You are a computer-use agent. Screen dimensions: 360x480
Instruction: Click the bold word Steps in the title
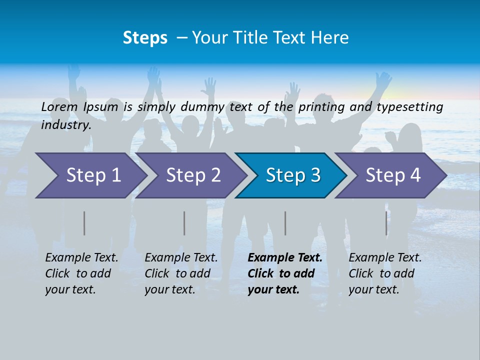tap(145, 38)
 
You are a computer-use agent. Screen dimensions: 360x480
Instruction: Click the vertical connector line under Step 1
tap(84, 223)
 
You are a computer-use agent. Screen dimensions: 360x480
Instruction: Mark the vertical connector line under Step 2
tap(184, 223)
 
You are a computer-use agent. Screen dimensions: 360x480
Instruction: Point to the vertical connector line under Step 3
tap(285, 223)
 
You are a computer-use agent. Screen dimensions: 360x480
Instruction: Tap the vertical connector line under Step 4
tap(386, 223)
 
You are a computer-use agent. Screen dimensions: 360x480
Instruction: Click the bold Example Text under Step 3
tap(285, 257)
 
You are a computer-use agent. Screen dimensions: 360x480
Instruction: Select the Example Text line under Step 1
tap(81, 257)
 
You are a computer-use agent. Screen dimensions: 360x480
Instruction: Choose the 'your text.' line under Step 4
tap(373, 289)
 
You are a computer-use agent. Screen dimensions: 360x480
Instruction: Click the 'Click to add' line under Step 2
tap(177, 273)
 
